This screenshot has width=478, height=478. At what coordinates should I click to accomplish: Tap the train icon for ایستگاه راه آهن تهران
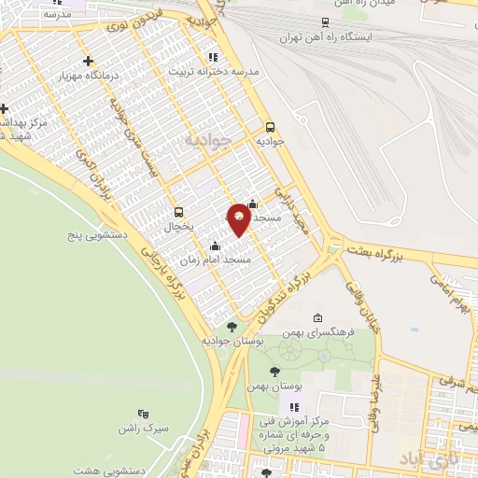pyautogui.click(x=324, y=22)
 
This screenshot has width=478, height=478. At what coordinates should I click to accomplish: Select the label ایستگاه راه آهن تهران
pyautogui.click(x=331, y=38)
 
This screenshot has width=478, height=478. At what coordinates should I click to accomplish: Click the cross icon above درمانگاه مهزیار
pyautogui.click(x=88, y=62)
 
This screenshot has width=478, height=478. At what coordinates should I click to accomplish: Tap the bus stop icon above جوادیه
pyautogui.click(x=271, y=127)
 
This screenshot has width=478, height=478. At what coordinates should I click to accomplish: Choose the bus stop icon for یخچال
pyautogui.click(x=178, y=211)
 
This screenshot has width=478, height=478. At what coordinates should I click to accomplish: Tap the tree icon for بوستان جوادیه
pyautogui.click(x=232, y=326)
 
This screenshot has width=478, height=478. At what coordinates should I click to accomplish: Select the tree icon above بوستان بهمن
pyautogui.click(x=274, y=372)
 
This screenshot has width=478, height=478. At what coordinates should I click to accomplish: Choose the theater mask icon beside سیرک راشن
pyautogui.click(x=143, y=413)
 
